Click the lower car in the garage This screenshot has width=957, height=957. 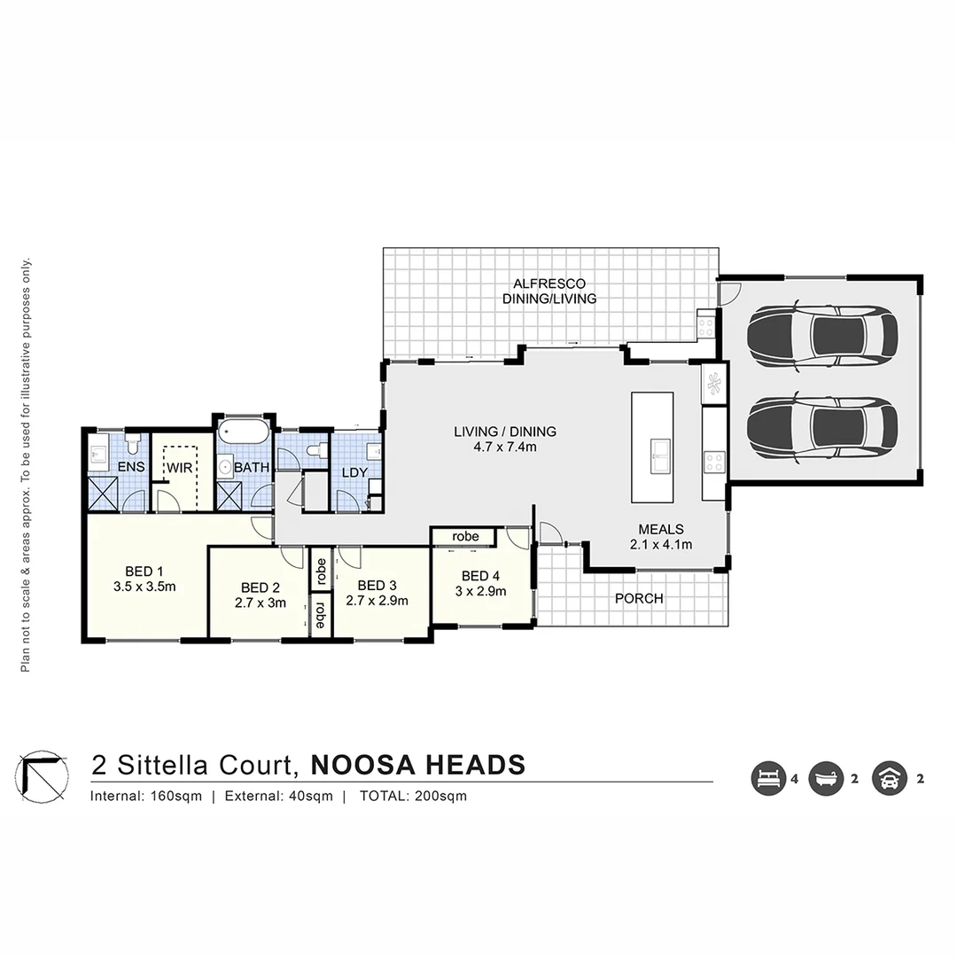[821, 426]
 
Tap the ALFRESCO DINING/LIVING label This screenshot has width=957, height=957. [549, 291]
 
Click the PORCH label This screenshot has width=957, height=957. [639, 598]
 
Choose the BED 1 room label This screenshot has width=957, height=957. [144, 578]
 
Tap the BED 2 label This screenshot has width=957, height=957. [261, 593]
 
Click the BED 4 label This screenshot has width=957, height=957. [481, 581]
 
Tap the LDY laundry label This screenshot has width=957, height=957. [354, 472]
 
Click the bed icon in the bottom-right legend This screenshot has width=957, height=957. [768, 779]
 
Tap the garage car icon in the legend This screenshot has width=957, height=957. [889, 779]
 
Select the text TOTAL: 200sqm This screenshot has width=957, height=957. [413, 796]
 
